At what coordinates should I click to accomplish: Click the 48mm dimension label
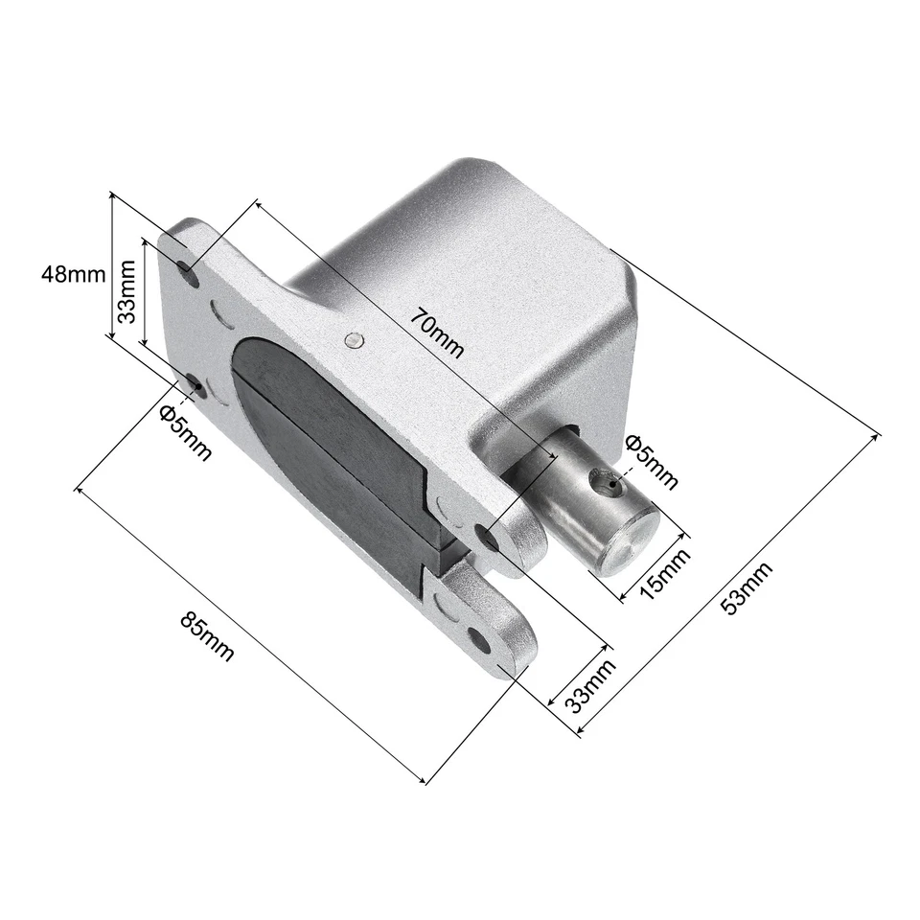tap(73, 274)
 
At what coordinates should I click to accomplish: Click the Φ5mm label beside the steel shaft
tap(651, 460)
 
